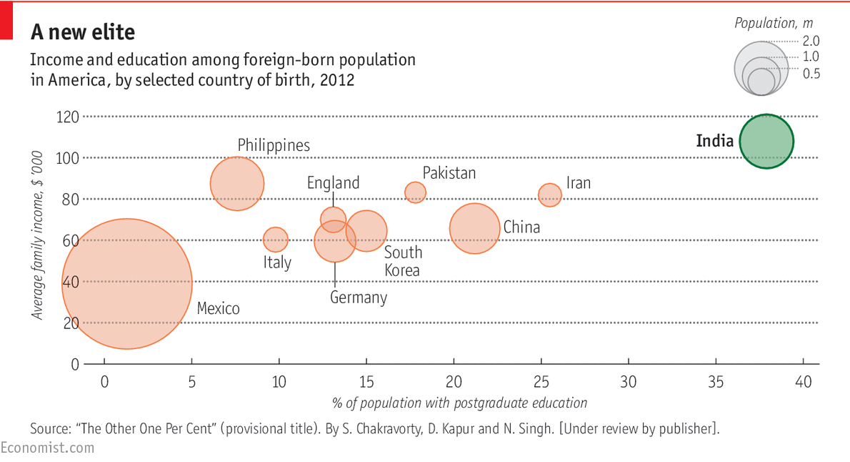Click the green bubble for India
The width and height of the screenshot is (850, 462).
click(x=766, y=142)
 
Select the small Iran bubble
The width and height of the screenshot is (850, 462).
click(x=549, y=195)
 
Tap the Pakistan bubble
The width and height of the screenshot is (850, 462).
click(x=415, y=192)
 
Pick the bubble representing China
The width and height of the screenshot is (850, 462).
click(x=474, y=228)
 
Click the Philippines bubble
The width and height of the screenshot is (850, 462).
click(x=237, y=183)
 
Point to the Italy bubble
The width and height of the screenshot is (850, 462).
click(x=276, y=239)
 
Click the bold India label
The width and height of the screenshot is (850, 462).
click(x=714, y=141)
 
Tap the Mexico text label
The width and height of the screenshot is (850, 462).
click(x=218, y=309)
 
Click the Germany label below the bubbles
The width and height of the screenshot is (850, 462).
click(x=359, y=298)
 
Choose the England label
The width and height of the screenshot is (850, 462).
click(x=333, y=183)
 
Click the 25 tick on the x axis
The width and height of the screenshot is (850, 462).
click(x=541, y=382)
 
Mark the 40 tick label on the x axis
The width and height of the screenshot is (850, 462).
click(x=804, y=382)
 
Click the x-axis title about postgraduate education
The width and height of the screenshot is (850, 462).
click(x=459, y=403)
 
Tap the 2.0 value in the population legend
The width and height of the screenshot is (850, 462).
click(x=811, y=41)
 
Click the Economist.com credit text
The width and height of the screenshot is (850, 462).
click(x=47, y=448)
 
